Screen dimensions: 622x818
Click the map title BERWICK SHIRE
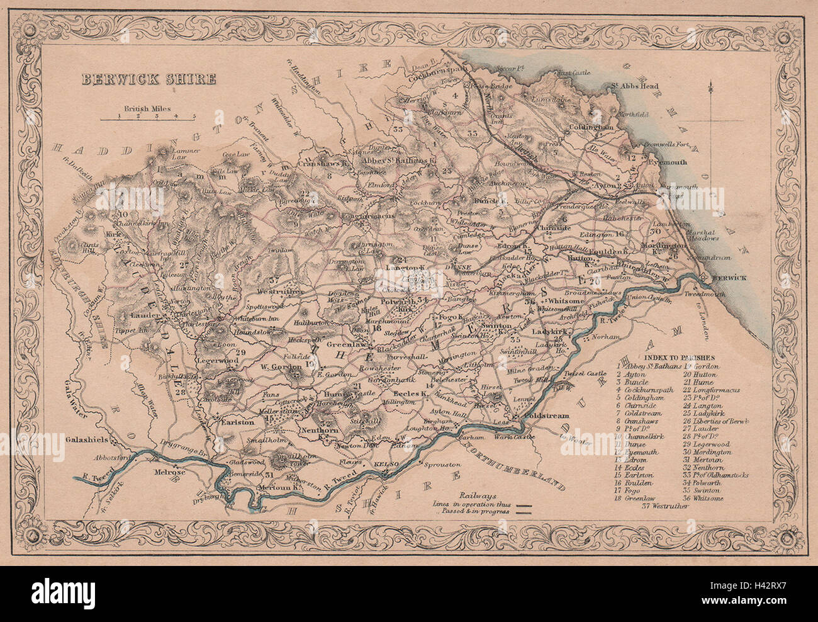[148, 79]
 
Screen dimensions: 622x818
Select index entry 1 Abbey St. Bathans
[649, 366]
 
